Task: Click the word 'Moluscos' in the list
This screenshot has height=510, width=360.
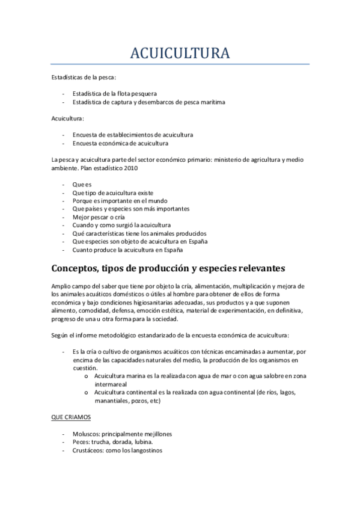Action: pyautogui.click(x=86, y=434)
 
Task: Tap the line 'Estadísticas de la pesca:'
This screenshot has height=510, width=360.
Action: pyautogui.click(x=84, y=78)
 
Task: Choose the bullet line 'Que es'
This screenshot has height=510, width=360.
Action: pyautogui.click(x=82, y=185)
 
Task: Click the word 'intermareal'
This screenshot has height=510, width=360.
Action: pyautogui.click(x=111, y=383)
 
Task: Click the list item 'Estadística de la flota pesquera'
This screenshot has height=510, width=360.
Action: pyautogui.click(x=114, y=94)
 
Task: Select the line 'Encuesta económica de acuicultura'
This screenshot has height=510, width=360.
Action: pyautogui.click(x=120, y=144)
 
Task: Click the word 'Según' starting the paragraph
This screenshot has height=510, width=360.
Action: pyautogui.click(x=60, y=334)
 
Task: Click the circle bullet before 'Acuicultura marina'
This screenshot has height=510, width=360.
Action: pyautogui.click(x=88, y=376)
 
